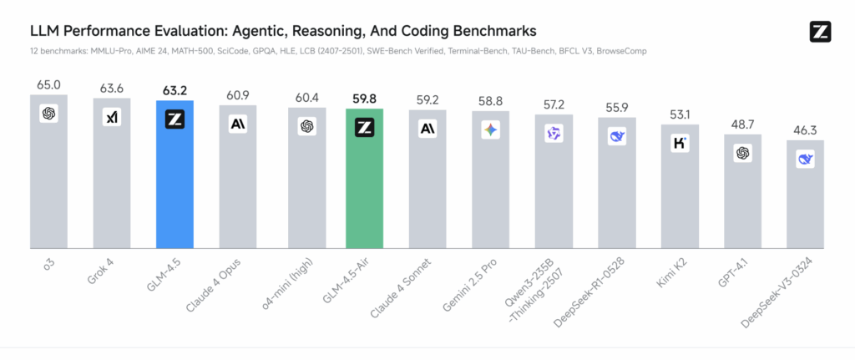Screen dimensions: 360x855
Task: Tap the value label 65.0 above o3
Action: (x=48, y=84)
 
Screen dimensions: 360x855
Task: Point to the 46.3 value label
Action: (x=805, y=130)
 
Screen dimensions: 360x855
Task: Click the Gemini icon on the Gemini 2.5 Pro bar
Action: (x=490, y=130)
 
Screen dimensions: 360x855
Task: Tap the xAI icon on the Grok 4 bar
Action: (x=112, y=117)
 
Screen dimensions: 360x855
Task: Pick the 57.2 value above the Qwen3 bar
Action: (x=553, y=105)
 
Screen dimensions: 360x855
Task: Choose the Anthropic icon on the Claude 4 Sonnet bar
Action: (x=427, y=129)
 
